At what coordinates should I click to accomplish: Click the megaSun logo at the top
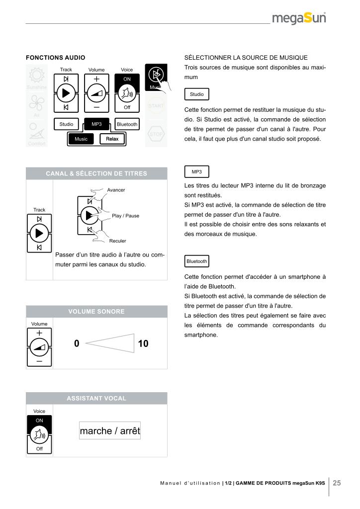[x=299, y=19]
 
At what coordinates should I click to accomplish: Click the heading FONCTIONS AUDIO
[x=56, y=58]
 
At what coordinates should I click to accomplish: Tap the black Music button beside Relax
[x=81, y=139]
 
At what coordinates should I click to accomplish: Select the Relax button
[x=112, y=139]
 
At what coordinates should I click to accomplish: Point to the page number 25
[x=337, y=483]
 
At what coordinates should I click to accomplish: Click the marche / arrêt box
[x=110, y=431]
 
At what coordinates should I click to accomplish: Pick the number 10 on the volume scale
[x=143, y=343]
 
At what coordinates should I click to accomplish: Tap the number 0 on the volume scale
[x=77, y=343]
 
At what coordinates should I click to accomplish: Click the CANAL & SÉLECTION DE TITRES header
[x=96, y=173]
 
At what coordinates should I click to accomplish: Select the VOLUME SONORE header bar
[x=96, y=312]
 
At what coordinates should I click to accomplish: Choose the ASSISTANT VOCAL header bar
[x=96, y=398]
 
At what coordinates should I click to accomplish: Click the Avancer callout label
[x=116, y=190]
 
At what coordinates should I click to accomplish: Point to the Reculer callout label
[x=117, y=241]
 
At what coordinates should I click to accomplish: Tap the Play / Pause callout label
[x=125, y=216]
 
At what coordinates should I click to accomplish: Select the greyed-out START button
[x=156, y=106]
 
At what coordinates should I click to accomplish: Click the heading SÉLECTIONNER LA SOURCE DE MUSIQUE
[x=246, y=58]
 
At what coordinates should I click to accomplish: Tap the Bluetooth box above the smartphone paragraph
[x=197, y=261]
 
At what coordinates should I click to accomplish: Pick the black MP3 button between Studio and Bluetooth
[x=96, y=124]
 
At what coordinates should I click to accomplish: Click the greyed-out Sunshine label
[x=35, y=87]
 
